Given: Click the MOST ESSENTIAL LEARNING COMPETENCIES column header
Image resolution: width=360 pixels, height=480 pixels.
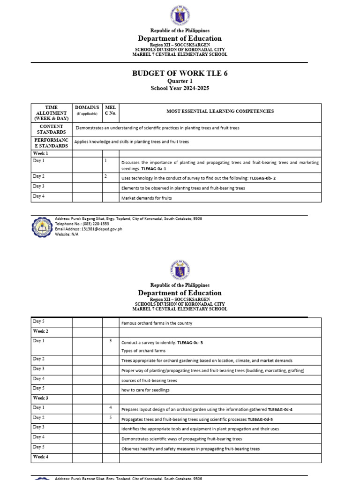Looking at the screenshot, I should pyautogui.click(x=220, y=112).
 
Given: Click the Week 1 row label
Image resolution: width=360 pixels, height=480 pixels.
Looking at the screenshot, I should pyautogui.click(x=40, y=154).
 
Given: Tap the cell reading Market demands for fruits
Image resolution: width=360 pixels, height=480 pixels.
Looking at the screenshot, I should pyautogui.click(x=146, y=198).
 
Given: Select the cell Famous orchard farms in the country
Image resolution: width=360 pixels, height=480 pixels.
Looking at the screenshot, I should pyautogui.click(x=157, y=323).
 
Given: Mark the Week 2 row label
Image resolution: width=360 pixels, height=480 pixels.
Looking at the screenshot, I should pyautogui.click(x=40, y=331).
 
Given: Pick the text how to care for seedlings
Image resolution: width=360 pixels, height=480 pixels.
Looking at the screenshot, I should pyautogui.click(x=145, y=390).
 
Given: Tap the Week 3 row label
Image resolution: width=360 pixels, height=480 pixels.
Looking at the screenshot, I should pyautogui.click(x=40, y=398).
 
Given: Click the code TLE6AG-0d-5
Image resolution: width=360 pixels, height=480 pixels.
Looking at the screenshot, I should pyautogui.click(x=260, y=420).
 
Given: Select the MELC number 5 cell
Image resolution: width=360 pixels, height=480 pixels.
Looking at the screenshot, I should pyautogui.click(x=111, y=418).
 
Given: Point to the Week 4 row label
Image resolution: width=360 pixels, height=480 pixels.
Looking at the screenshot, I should pyautogui.click(x=40, y=457).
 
